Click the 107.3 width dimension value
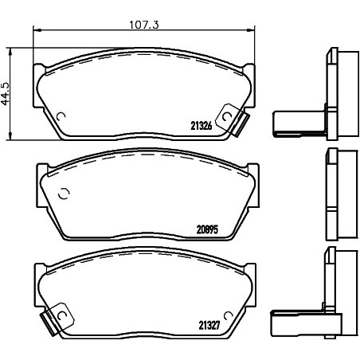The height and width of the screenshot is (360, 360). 144,25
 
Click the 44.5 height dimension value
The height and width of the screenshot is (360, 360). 6,94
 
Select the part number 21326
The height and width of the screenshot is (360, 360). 202,126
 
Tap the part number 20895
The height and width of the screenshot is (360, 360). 207,229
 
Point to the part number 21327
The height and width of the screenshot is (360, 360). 209,325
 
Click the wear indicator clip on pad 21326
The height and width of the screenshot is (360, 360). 233,120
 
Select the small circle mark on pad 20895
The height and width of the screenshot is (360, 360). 64,194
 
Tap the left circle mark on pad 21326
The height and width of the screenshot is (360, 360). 61,116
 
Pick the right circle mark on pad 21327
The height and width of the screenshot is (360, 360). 228,315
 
